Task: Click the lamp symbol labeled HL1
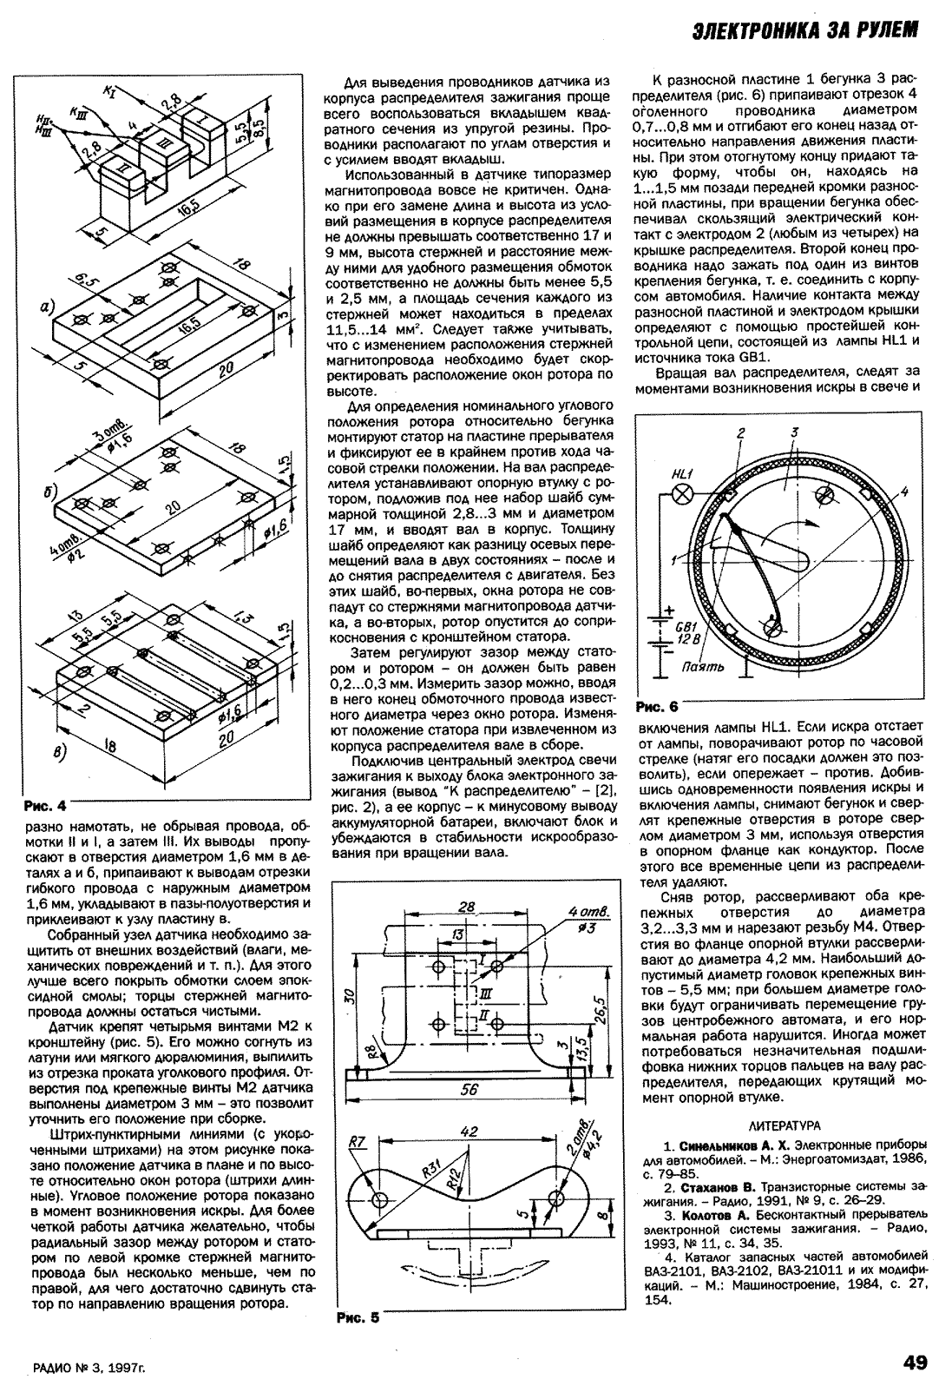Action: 683,493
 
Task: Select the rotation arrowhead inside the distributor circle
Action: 817,524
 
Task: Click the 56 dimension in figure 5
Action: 469,1091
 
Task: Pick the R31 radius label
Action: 431,1170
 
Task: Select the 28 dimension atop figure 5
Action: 467,908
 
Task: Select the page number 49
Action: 915,1362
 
